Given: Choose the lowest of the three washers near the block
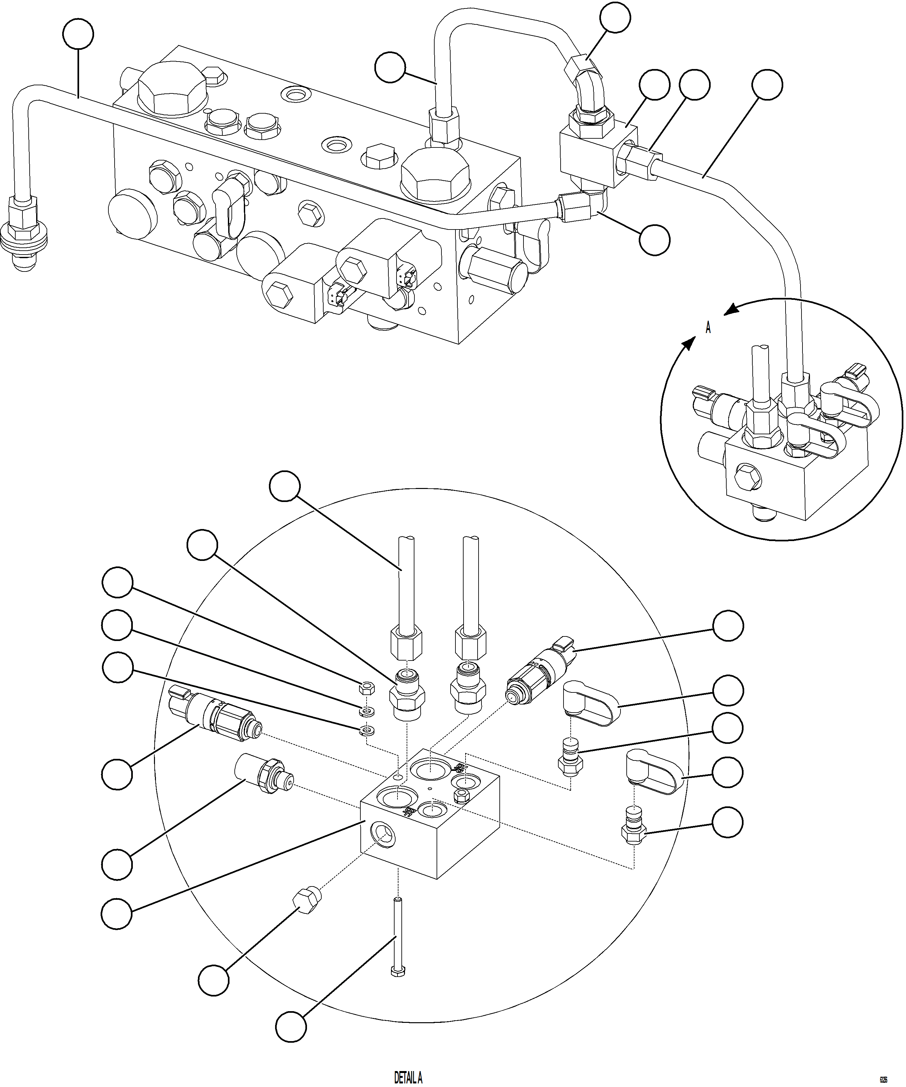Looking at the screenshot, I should (366, 732).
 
